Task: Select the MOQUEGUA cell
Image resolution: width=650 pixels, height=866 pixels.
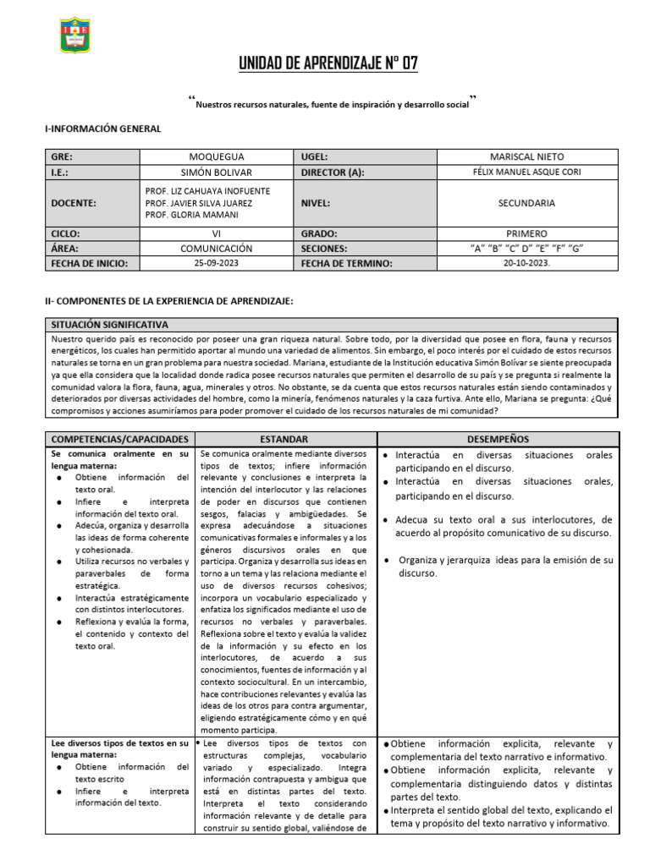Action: pos(216,156)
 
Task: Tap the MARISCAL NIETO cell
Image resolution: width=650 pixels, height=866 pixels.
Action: pos(526,156)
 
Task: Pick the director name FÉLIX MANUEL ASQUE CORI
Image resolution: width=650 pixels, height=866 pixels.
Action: pos(526,173)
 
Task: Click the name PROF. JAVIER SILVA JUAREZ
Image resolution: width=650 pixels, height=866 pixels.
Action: pos(199,203)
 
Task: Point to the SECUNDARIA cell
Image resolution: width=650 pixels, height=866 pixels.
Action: pos(526,203)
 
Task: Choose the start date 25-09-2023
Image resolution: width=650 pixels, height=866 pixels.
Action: pos(216,264)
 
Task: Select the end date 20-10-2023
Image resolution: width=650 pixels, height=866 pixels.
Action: pos(526,264)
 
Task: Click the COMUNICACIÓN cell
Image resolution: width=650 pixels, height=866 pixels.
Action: pos(216,249)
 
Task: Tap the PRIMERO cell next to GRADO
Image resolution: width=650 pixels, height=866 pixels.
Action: pos(526,233)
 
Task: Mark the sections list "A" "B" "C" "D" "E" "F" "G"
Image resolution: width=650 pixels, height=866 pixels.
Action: pos(526,249)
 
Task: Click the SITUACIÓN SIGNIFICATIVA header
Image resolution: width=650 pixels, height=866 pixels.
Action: pos(110,325)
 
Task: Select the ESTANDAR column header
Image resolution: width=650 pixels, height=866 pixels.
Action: pos(284,439)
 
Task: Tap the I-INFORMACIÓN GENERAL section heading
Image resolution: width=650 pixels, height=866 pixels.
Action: pos(102,128)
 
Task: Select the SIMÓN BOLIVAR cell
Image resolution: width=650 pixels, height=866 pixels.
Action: pos(216,173)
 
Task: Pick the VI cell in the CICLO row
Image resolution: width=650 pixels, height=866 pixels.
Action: pos(216,233)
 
